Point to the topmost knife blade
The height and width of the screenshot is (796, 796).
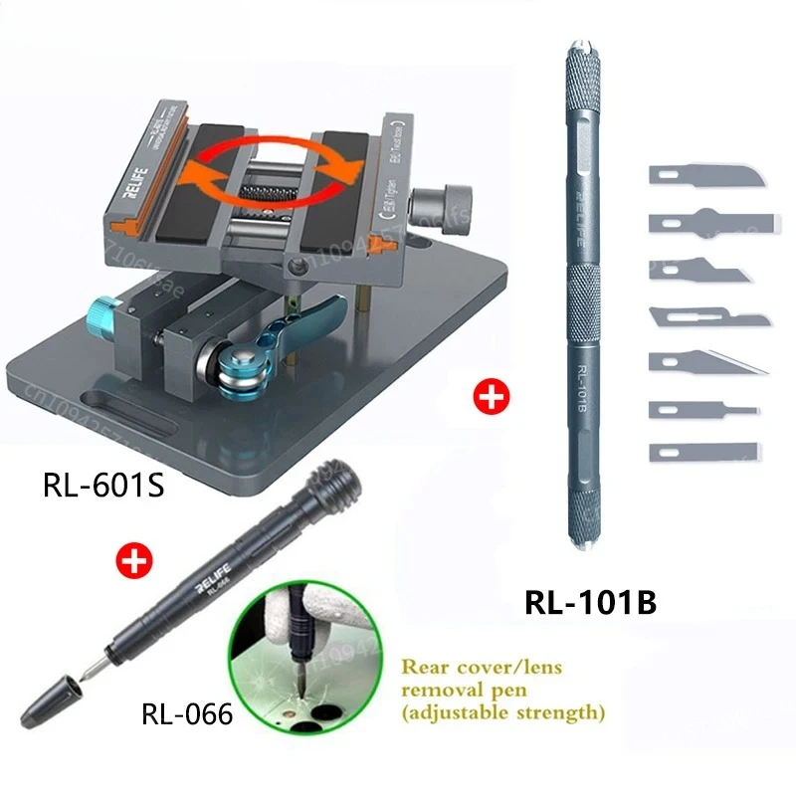point(707,177)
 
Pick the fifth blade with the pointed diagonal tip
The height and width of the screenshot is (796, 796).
point(707,362)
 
